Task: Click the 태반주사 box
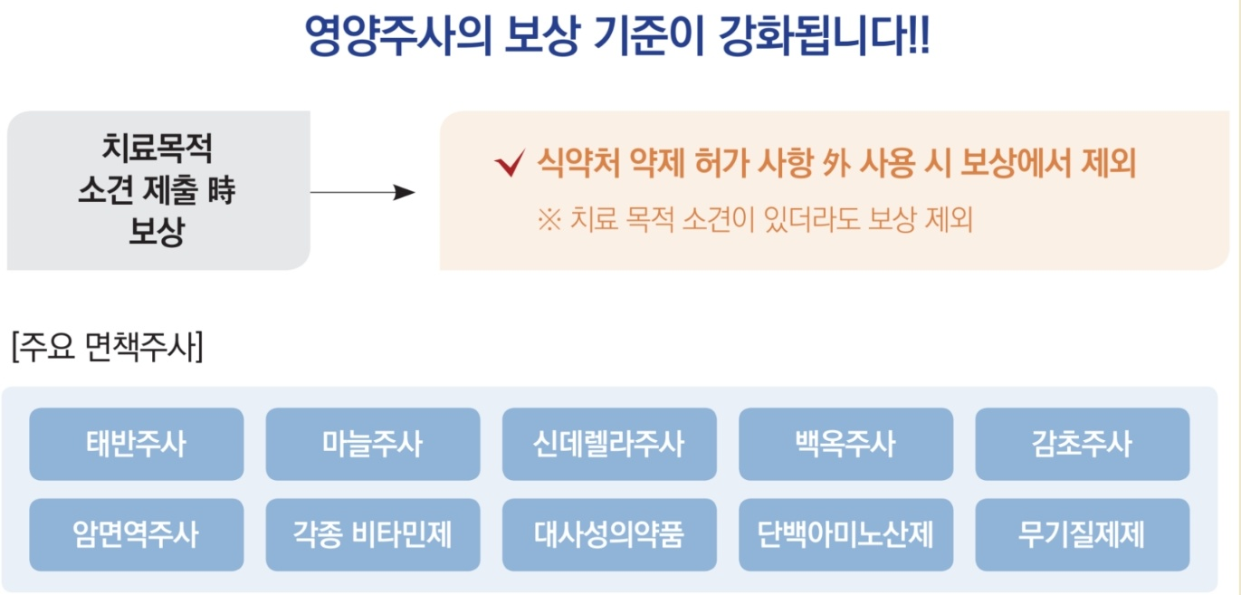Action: coord(136,444)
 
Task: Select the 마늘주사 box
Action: coord(372,444)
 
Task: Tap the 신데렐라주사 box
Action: coord(609,444)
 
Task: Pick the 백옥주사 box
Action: coord(845,444)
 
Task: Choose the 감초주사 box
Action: coord(1082,444)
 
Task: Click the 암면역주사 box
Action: coord(136,534)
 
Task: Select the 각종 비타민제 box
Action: coord(372,534)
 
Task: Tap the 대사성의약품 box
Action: coord(609,534)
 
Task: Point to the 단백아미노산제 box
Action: coord(845,534)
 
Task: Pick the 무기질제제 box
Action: coord(1082,534)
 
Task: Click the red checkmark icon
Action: coord(510,164)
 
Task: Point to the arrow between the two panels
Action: coord(362,192)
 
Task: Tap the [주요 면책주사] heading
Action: coord(107,347)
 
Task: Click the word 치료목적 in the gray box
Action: coord(158,148)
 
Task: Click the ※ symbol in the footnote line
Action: coord(549,220)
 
